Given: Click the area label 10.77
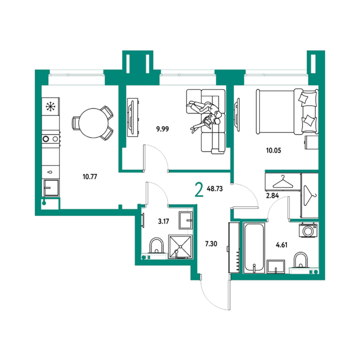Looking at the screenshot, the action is coord(90,177).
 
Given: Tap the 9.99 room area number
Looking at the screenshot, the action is coord(163,129).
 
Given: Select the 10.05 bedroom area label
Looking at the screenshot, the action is coord(273,150).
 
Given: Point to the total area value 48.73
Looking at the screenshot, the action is coord(215,189).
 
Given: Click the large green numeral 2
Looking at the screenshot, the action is coord(199,190).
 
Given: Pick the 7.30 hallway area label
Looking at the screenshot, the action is coord(211,244).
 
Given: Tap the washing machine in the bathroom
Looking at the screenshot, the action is coord(308,230).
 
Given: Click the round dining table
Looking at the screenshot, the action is coord(93,123).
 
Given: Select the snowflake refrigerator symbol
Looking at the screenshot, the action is coord(51,106).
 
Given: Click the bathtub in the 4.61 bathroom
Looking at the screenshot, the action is coord(254,248).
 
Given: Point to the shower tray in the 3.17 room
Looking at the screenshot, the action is coord(180,247).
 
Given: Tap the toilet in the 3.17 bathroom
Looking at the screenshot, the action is coord(157,246).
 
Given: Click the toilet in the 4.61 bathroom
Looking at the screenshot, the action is coord(301,261).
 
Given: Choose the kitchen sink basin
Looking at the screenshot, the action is coord(51,187).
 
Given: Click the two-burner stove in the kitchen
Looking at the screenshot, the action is coord(51,139).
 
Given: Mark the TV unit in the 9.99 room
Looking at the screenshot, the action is coord(133,118).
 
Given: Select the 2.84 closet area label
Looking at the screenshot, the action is coord(272,196).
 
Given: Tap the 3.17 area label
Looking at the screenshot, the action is coord(164,222).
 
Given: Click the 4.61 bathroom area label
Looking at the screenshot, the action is coord(281,245).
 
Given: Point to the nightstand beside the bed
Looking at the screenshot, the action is coord(312,142).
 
